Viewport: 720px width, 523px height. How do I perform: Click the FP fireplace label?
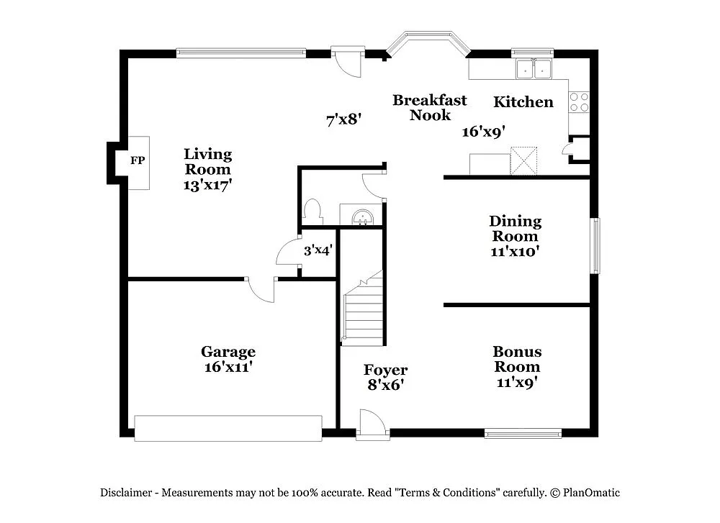pyautogui.click(x=137, y=161)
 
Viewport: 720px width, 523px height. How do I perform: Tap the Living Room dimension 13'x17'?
pyautogui.click(x=207, y=184)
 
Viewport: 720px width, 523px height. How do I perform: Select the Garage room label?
pyautogui.click(x=228, y=352)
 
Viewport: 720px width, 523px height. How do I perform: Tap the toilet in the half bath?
pyautogui.click(x=312, y=210)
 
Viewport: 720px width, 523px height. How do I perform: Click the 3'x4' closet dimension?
pyautogui.click(x=317, y=251)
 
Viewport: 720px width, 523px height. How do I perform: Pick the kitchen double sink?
pyautogui.click(x=534, y=70)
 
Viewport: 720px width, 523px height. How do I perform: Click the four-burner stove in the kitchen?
pyautogui.click(x=579, y=101)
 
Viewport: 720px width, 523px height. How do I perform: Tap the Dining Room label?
pyautogui.click(x=515, y=228)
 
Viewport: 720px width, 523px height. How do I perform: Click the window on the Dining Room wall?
pyautogui.click(x=595, y=246)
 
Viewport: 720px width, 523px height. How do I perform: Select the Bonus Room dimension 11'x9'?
pyautogui.click(x=518, y=382)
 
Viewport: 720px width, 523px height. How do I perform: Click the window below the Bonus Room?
pyautogui.click(x=523, y=433)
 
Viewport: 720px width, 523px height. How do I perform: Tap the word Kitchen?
pyautogui.click(x=523, y=102)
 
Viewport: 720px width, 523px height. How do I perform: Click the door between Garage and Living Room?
pyautogui.click(x=261, y=289)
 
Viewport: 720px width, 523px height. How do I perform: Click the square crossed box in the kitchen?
pyautogui.click(x=524, y=160)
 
